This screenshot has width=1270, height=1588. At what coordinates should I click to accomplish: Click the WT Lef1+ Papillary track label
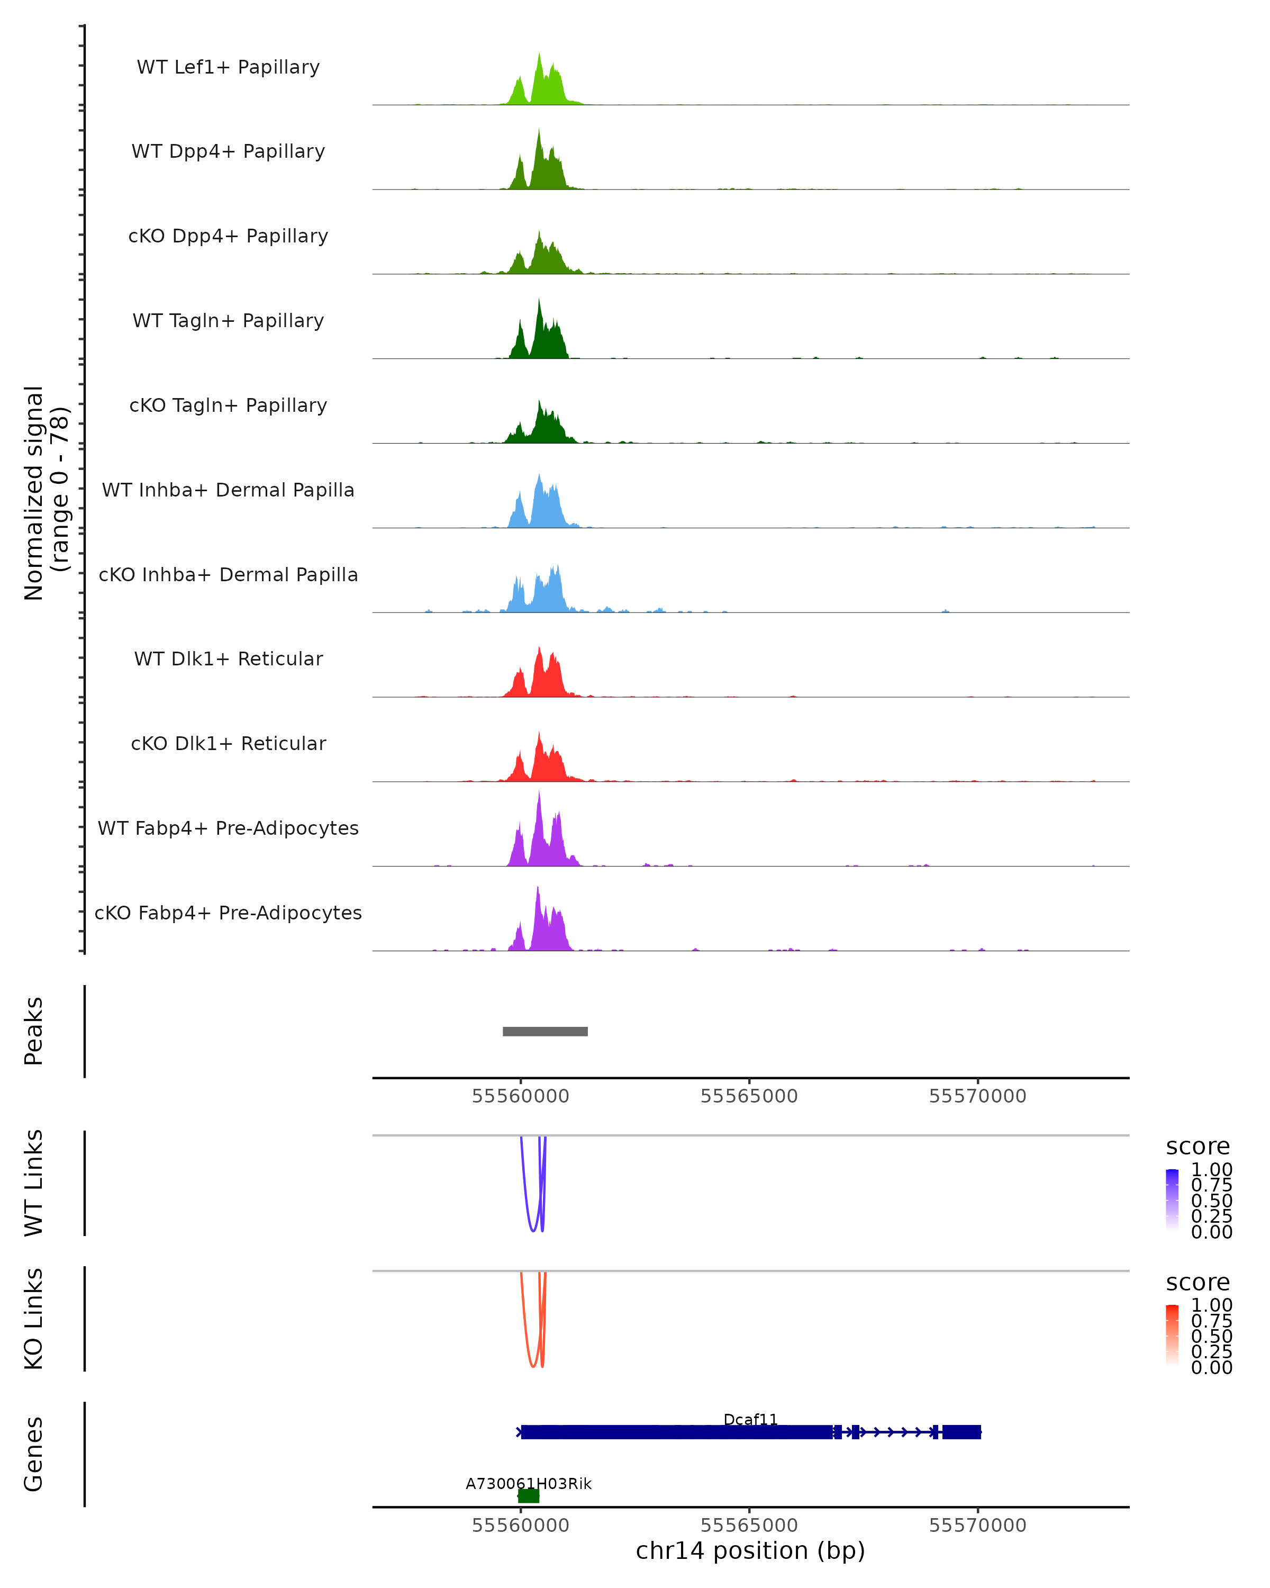click(228, 67)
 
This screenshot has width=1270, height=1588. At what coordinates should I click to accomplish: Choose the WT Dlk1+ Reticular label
click(228, 658)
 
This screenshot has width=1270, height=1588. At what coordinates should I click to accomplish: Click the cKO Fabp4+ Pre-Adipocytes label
click(228, 913)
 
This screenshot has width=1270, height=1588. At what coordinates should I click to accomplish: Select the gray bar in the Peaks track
click(545, 1031)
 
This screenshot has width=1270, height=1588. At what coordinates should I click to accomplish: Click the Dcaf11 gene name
click(750, 1419)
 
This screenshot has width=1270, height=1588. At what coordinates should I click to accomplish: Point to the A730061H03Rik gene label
click(528, 1483)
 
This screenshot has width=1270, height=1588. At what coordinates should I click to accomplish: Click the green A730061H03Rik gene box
click(529, 1496)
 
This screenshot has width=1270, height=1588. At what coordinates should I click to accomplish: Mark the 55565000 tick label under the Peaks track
click(749, 1096)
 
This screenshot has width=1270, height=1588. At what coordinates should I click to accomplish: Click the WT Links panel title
click(34, 1182)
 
